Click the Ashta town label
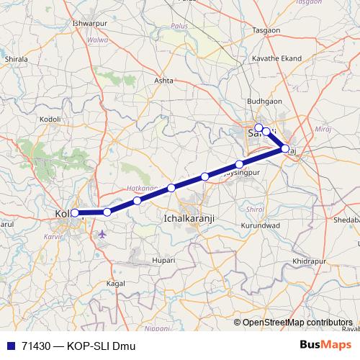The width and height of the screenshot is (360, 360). pyautogui.click(x=164, y=81)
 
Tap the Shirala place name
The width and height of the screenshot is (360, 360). pyautogui.click(x=16, y=58)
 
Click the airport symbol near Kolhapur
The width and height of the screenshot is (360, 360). pyautogui.click(x=102, y=234)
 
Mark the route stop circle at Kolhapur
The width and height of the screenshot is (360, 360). pyautogui.click(x=76, y=212)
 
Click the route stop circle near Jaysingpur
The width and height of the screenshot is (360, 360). pyautogui.click(x=240, y=164)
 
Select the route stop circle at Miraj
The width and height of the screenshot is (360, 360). pyautogui.click(x=284, y=149)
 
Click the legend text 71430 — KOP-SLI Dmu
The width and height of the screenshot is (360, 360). pyautogui.click(x=77, y=346)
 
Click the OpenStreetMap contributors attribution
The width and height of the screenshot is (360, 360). pyautogui.click(x=297, y=323)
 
